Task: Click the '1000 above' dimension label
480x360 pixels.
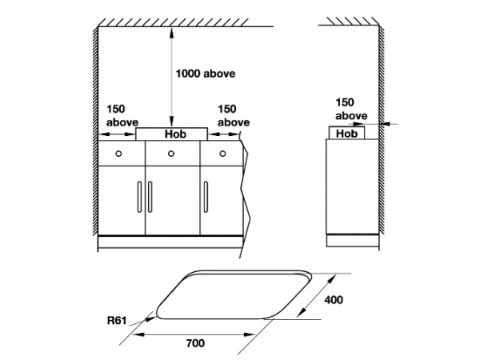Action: click(206, 74)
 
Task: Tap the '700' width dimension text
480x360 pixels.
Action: click(195, 343)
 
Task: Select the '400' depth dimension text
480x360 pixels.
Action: click(334, 300)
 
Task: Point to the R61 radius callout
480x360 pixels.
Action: click(117, 321)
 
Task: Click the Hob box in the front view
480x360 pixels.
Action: click(172, 134)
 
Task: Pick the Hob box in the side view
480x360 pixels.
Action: click(347, 133)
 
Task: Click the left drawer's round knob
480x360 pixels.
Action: click(118, 154)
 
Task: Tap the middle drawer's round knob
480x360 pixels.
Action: click(171, 154)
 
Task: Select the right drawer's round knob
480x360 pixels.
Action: click(222, 154)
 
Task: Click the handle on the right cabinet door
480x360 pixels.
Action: click(206, 197)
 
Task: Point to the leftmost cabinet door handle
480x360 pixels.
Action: click(139, 197)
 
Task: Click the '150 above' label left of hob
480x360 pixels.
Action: click(122, 116)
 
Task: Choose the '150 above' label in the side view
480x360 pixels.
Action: click(351, 109)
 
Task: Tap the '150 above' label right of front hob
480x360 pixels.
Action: click(234, 116)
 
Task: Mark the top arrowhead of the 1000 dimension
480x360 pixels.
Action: click(172, 32)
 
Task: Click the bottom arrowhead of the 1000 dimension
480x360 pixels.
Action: click(172, 122)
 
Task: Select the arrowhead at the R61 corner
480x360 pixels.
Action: click(150, 319)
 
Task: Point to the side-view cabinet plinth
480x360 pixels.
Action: click(352, 241)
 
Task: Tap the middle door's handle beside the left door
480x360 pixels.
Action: click(150, 197)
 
